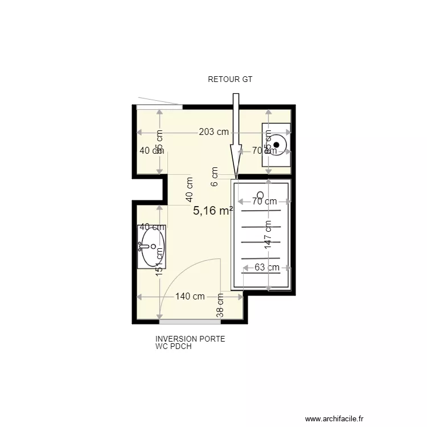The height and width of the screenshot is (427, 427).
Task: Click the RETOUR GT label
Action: click(x=229, y=80)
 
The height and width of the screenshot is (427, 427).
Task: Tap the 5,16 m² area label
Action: click(x=213, y=211)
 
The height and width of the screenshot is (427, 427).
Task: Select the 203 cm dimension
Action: click(x=213, y=132)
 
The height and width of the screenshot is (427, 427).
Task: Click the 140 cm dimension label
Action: click(x=190, y=297)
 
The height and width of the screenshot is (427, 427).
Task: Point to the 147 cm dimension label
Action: click(x=268, y=233)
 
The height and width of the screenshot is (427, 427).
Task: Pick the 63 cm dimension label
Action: click(x=266, y=268)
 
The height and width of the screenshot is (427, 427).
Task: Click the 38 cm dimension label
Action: click(x=220, y=308)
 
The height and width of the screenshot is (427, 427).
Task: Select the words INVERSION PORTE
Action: click(x=190, y=339)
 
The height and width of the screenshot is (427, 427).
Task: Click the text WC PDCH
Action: click(x=173, y=346)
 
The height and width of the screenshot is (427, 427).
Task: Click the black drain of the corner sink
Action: click(x=276, y=145)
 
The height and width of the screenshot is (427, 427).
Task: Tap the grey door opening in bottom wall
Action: click(x=190, y=322)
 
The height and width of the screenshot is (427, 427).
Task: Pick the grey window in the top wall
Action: click(x=159, y=106)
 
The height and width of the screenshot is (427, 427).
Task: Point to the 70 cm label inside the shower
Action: click(x=265, y=201)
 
